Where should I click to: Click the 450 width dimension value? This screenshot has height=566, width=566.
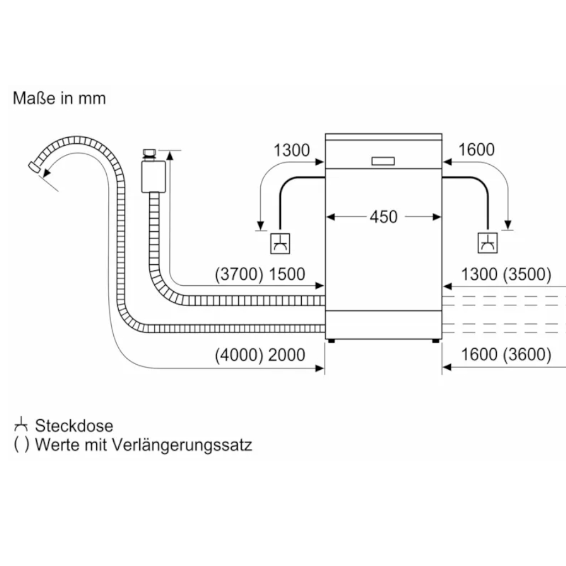[x=384, y=217]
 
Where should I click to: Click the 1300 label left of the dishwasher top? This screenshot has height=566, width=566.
[x=292, y=150]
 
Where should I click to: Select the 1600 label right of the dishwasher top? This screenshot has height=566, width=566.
[x=476, y=150]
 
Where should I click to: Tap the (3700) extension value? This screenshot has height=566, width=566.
[x=239, y=274]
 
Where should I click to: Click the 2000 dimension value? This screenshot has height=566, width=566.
[x=286, y=354]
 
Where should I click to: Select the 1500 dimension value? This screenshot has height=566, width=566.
[x=286, y=274]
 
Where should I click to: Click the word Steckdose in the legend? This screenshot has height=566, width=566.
[x=74, y=426]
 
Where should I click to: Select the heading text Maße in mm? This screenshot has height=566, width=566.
[x=59, y=98]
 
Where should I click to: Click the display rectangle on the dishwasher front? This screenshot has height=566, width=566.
[x=384, y=160]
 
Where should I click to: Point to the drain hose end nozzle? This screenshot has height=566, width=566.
[x=34, y=166]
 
